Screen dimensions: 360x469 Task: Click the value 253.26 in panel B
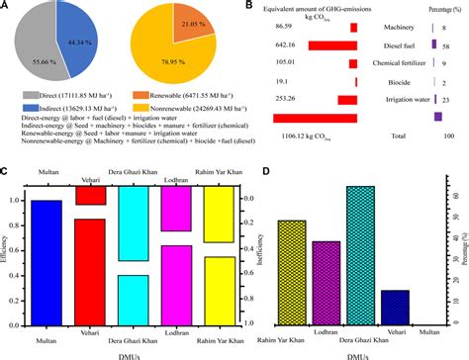coord(288,99)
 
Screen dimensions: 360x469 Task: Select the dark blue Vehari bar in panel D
coord(396,305)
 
